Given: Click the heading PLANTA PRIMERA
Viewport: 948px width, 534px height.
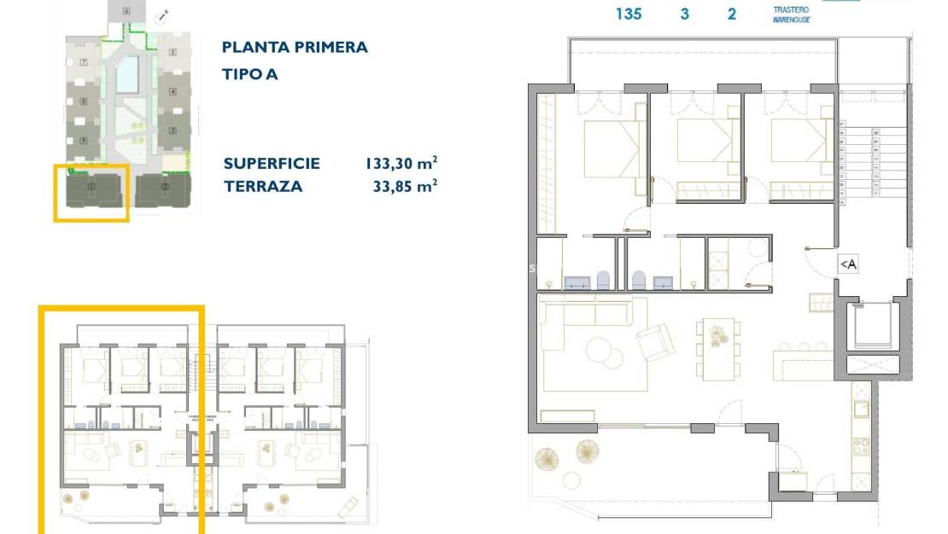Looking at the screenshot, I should pyautogui.click(x=295, y=47).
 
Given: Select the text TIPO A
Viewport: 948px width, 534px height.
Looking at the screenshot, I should pyautogui.click(x=250, y=74).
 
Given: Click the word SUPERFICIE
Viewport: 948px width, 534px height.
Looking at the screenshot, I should pyautogui.click(x=272, y=163).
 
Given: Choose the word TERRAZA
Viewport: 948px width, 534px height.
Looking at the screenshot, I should pyautogui.click(x=263, y=186).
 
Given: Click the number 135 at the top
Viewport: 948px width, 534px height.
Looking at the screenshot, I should pyautogui.click(x=629, y=14).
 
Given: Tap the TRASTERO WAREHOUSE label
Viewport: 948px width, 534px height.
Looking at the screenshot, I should pyautogui.click(x=791, y=15).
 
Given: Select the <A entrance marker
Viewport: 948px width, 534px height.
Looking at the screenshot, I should pyautogui.click(x=847, y=264).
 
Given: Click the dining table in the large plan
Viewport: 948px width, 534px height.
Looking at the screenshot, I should pyautogui.click(x=716, y=348).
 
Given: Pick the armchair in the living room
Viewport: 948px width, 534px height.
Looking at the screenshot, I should pyautogui.click(x=654, y=343).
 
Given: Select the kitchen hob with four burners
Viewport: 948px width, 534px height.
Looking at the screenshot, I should pyautogui.click(x=862, y=445).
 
